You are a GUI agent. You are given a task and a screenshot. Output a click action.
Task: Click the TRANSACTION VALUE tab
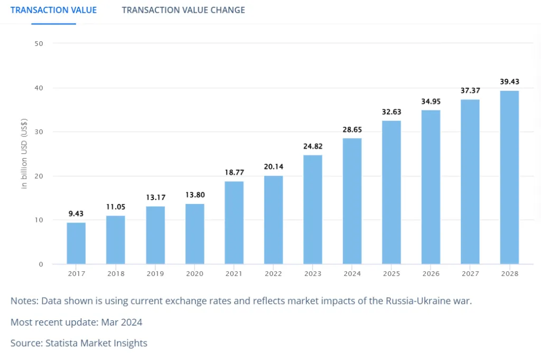pos(53,10)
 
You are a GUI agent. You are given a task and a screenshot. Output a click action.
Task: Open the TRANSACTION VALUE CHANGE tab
pos(183,10)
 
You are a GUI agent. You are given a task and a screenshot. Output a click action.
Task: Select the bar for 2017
pos(76,243)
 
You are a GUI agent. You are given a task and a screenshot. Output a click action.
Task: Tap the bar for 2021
pos(234,223)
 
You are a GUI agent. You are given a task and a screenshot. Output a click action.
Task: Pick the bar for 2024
pos(352,201)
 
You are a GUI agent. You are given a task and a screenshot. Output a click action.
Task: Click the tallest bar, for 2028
pos(509,177)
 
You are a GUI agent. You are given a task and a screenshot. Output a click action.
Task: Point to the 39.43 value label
pos(509,81)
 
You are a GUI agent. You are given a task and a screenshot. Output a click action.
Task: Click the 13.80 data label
pos(194,195)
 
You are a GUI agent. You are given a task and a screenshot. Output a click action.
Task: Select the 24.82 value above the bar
pos(313,146)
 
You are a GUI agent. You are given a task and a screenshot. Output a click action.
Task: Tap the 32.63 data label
pos(391,112)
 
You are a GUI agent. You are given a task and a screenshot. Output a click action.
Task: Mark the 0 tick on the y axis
pos(41,264)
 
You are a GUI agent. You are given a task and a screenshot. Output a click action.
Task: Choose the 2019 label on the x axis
pos(155,274)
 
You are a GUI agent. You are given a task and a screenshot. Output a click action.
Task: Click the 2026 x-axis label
pos(431,274)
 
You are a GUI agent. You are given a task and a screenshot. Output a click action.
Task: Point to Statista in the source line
pos(63,343)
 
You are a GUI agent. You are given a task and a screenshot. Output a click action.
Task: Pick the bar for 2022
pos(274,219)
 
